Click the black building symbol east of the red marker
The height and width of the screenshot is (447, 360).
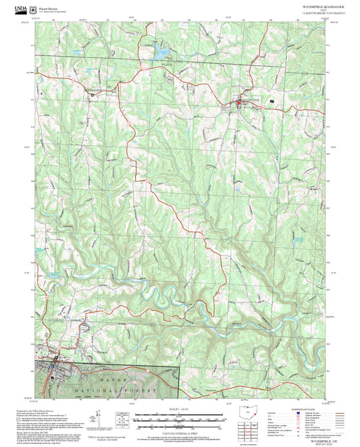pyautogui.click(x=271, y=101)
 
